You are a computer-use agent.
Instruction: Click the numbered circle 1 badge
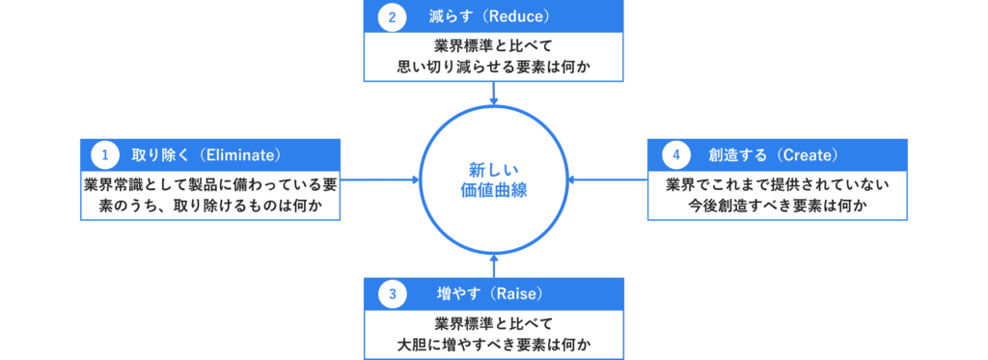[x=103, y=153]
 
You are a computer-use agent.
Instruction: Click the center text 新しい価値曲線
[x=493, y=180]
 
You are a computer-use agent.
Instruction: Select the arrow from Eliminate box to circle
[x=381, y=180]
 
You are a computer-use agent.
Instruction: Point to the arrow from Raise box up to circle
[x=493, y=264]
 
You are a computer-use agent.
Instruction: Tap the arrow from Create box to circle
[x=608, y=180]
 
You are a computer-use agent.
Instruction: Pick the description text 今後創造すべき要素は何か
[x=778, y=204]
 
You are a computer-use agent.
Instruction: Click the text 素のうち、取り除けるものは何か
[x=210, y=204]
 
